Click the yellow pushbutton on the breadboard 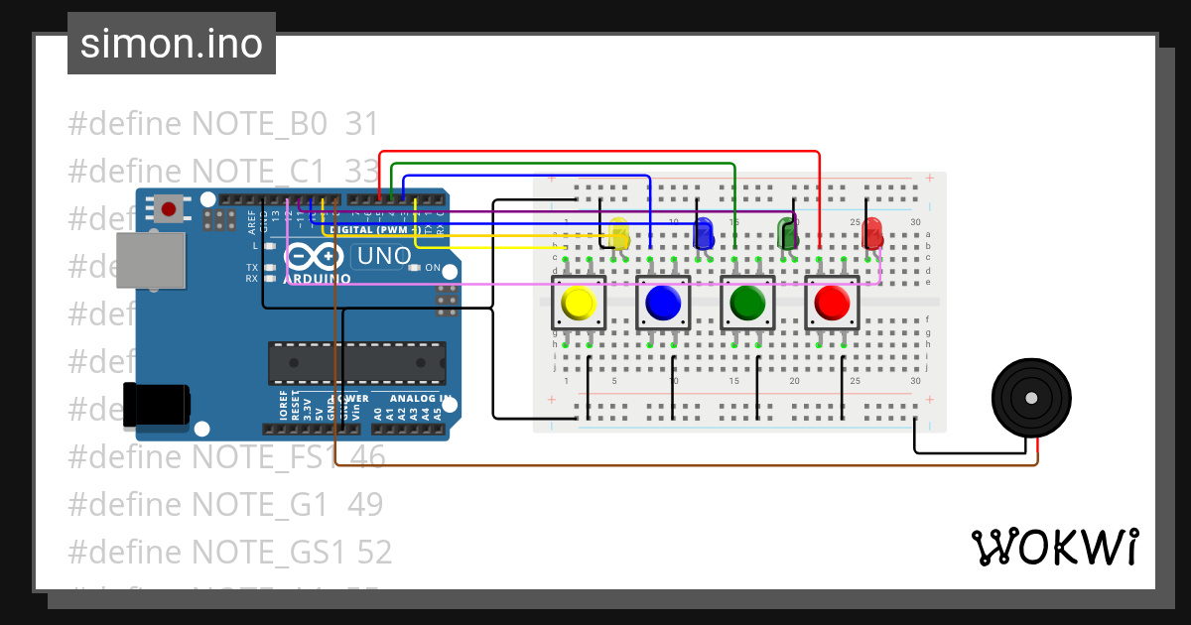tap(579, 303)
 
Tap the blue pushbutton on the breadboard tap(662, 303)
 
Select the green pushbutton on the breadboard tap(746, 303)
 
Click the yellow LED tap(620, 234)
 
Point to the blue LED tap(704, 234)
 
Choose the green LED tap(788, 234)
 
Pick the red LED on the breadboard tap(872, 234)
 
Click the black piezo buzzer tap(1032, 399)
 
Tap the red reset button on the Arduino tap(169, 209)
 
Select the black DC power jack tap(157, 404)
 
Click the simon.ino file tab tap(171, 44)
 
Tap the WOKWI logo tap(1054, 548)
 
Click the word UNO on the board tap(383, 256)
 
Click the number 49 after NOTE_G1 tap(365, 505)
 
